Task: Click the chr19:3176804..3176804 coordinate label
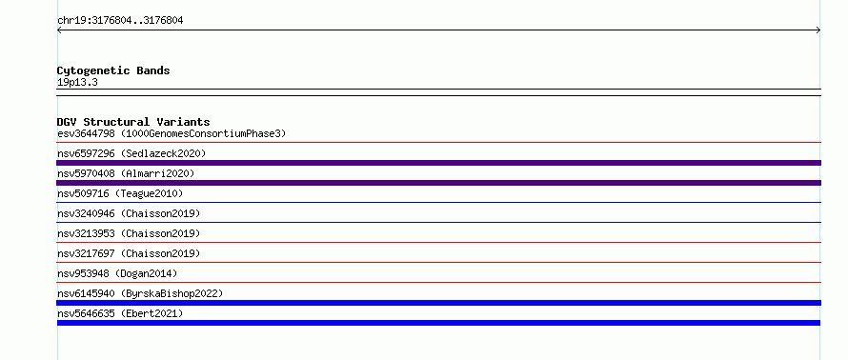click(120, 21)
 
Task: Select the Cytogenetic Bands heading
click(113, 70)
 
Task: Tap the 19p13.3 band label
click(77, 83)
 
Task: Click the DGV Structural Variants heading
click(133, 122)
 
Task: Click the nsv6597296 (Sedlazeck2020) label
click(131, 153)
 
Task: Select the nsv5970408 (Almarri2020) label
click(126, 173)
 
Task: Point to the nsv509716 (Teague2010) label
click(120, 193)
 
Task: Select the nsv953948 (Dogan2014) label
click(117, 273)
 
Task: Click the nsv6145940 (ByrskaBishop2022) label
click(140, 293)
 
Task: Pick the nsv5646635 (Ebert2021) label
click(120, 313)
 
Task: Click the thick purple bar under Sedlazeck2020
click(438, 163)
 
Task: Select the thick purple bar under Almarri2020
click(438, 183)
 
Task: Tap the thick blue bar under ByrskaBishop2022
click(438, 303)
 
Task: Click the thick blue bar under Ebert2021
click(438, 323)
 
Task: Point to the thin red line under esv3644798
click(438, 143)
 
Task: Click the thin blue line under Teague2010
click(438, 203)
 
